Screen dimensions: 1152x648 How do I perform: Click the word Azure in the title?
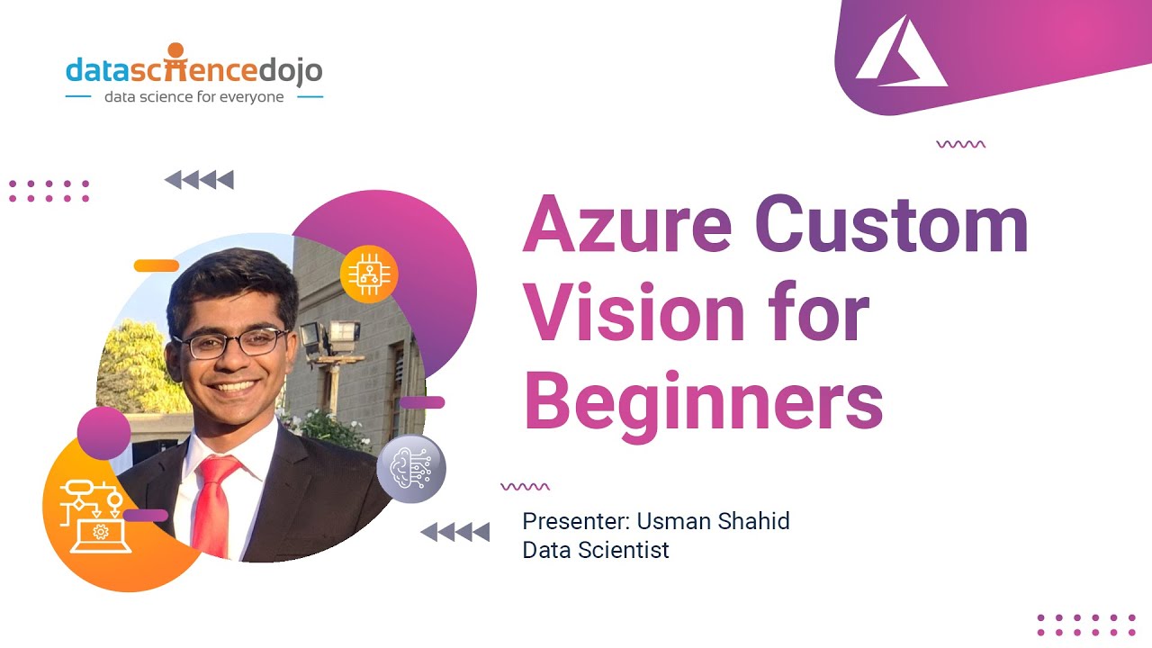(x=627, y=225)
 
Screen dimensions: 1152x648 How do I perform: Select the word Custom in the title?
(x=891, y=225)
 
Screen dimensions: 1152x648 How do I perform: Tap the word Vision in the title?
(x=635, y=311)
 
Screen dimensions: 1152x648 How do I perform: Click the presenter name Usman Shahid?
(x=713, y=521)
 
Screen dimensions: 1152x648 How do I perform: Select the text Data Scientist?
(x=596, y=550)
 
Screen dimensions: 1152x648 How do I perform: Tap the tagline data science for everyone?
(x=193, y=96)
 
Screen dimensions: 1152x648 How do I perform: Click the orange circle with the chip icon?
(x=369, y=274)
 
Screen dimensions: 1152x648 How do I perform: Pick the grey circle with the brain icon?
(x=411, y=469)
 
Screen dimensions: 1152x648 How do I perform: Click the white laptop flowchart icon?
(x=95, y=517)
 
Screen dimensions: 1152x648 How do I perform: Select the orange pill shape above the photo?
(x=157, y=265)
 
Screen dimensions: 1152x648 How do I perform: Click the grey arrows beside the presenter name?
(x=455, y=532)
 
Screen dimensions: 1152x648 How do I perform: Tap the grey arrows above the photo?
(x=200, y=180)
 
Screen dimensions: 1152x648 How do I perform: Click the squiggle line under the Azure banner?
(x=960, y=144)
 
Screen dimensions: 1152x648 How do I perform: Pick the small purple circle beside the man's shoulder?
(x=103, y=433)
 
